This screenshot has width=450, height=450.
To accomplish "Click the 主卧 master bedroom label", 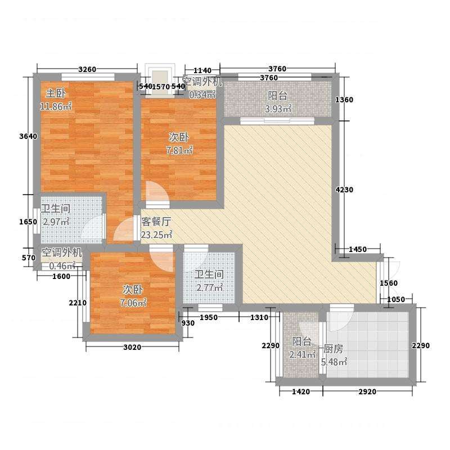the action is click(x=56, y=93).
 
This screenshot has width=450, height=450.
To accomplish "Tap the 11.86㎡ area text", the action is click(x=56, y=106).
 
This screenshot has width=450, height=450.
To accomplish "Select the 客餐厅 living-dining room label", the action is click(x=156, y=222).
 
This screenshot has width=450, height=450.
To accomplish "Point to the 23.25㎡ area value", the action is click(x=156, y=235).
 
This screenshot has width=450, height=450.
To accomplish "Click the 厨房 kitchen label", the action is click(x=333, y=349).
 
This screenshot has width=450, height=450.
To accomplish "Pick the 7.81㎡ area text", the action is click(x=179, y=150).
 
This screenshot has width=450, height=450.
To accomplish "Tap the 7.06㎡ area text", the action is click(x=133, y=303).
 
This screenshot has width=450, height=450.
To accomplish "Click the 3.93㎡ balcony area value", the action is click(x=278, y=109).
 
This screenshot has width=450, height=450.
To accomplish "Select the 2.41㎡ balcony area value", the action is click(x=303, y=354).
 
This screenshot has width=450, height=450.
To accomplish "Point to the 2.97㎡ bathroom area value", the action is click(x=56, y=222).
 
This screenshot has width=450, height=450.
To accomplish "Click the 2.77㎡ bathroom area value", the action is click(x=210, y=287).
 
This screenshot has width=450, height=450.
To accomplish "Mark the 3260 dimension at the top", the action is click(x=87, y=69).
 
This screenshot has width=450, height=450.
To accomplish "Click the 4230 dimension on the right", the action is click(x=344, y=190).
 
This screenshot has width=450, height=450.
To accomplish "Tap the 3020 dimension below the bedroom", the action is click(x=132, y=347).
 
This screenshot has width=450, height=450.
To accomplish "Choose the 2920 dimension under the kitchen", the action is click(x=367, y=391).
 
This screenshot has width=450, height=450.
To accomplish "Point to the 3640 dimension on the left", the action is click(x=29, y=136).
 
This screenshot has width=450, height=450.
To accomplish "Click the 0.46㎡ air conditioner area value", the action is click(x=62, y=266).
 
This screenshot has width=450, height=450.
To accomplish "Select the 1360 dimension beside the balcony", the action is click(x=344, y=100).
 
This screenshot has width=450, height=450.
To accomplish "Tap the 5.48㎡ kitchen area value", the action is click(x=334, y=362).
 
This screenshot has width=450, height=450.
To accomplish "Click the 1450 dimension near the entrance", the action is click(x=358, y=249).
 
